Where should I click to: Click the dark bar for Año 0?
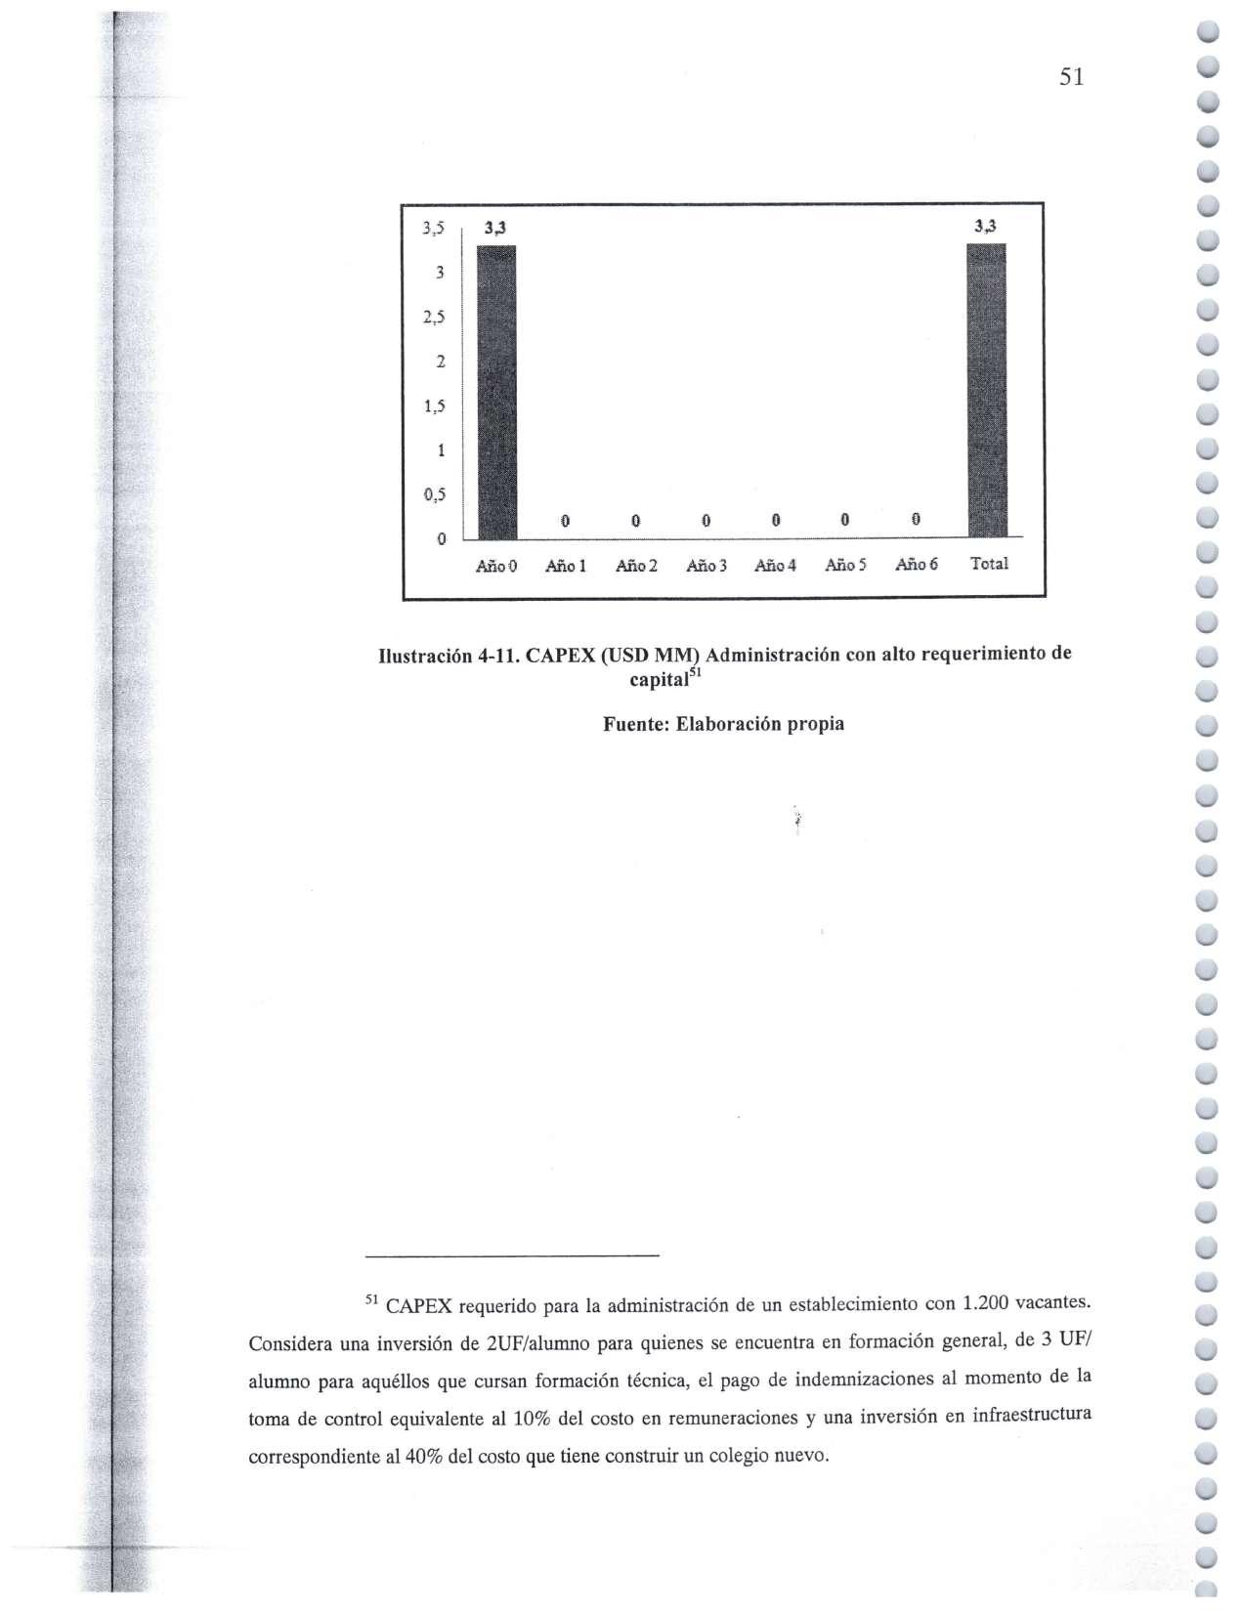(x=495, y=391)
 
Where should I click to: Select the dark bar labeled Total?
(x=985, y=391)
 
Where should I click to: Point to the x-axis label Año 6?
(x=917, y=564)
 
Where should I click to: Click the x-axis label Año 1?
(x=566, y=565)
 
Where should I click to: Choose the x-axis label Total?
(x=989, y=564)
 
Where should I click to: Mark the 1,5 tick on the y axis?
(x=434, y=406)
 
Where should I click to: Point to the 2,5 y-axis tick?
(x=434, y=318)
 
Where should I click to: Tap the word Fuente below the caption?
(x=633, y=724)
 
